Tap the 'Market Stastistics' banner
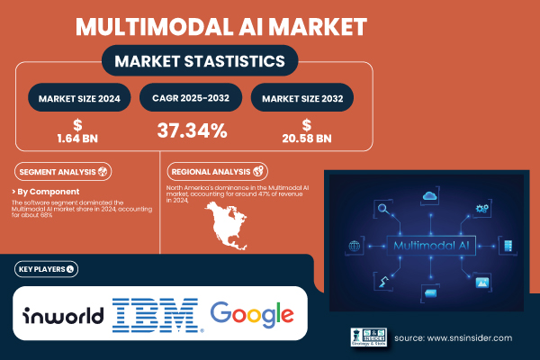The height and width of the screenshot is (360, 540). click(201, 60)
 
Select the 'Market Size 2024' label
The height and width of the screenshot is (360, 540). click(79, 97)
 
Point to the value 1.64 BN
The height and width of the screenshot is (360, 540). click(79, 136)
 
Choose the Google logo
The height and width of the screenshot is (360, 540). click(252, 314)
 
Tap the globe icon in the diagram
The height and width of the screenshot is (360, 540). click(353, 246)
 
